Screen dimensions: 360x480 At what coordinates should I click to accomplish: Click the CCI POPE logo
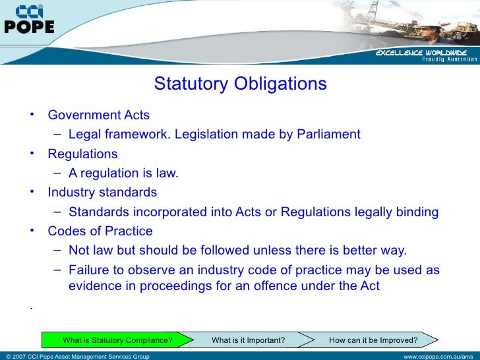coord(30,20)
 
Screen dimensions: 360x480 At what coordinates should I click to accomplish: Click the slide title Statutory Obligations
coord(240,84)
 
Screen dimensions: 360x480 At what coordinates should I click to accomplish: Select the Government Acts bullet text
coord(99,115)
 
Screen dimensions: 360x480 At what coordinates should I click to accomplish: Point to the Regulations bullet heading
coord(82,154)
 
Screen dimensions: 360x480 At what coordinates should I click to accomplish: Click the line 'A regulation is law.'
coord(123,173)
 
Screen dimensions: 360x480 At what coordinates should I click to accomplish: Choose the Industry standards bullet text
coord(102,193)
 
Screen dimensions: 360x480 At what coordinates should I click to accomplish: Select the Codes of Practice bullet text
coord(100,231)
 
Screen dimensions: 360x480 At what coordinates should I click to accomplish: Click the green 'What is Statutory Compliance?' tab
coord(117,340)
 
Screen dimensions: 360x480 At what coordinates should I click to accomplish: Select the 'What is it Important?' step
coord(248,340)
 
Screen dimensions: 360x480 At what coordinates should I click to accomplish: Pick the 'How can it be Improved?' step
coord(373,340)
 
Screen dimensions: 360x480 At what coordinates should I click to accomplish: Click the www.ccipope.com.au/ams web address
coord(439,357)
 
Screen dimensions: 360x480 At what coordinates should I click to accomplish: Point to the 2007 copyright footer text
coord(76,357)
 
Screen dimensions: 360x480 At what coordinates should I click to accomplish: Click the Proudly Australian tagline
coord(449,59)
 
